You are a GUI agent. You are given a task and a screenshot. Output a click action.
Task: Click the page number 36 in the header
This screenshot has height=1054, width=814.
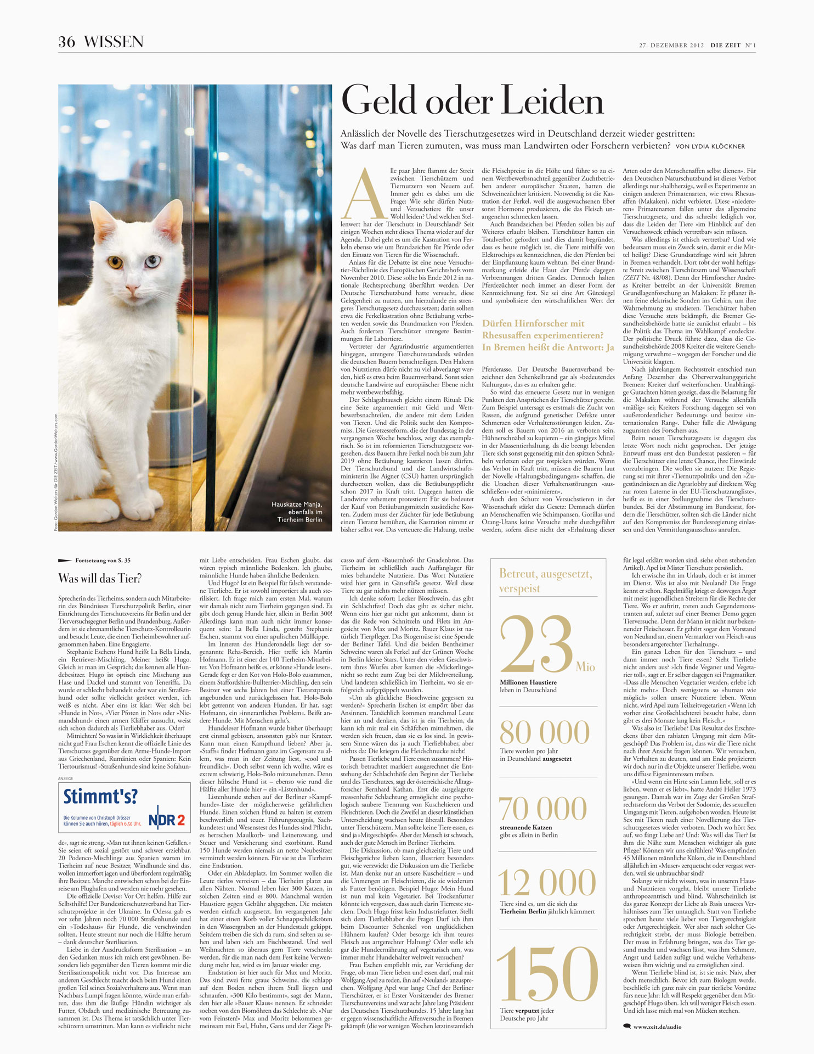click(66, 42)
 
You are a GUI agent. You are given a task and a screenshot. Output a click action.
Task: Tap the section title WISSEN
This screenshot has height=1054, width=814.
click(114, 42)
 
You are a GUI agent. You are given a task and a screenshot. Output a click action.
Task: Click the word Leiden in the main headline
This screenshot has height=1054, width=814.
click(552, 102)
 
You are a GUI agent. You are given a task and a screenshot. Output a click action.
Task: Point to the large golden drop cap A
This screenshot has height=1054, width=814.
click(364, 194)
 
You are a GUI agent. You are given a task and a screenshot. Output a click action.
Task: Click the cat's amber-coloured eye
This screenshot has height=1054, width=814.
click(116, 261)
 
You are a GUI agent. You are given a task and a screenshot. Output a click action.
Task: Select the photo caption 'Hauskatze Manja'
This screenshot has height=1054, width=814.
click(297, 504)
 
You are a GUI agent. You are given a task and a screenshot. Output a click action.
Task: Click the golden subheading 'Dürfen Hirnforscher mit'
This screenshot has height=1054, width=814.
click(533, 323)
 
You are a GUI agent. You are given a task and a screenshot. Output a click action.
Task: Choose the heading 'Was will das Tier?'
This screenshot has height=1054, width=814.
click(100, 578)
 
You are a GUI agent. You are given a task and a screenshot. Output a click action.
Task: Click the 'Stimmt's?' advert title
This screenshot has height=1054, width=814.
click(100, 797)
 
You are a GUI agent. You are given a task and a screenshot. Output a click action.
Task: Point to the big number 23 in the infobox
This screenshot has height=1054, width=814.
click(536, 646)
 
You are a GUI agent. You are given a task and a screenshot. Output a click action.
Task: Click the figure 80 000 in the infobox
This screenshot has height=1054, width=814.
click(544, 732)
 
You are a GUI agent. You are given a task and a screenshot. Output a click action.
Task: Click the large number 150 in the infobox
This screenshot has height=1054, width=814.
click(547, 974)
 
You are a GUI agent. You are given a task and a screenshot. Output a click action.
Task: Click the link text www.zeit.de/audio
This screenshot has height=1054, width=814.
click(657, 1027)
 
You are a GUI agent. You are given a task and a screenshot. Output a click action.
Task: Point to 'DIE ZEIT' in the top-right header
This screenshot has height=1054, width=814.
click(725, 46)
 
